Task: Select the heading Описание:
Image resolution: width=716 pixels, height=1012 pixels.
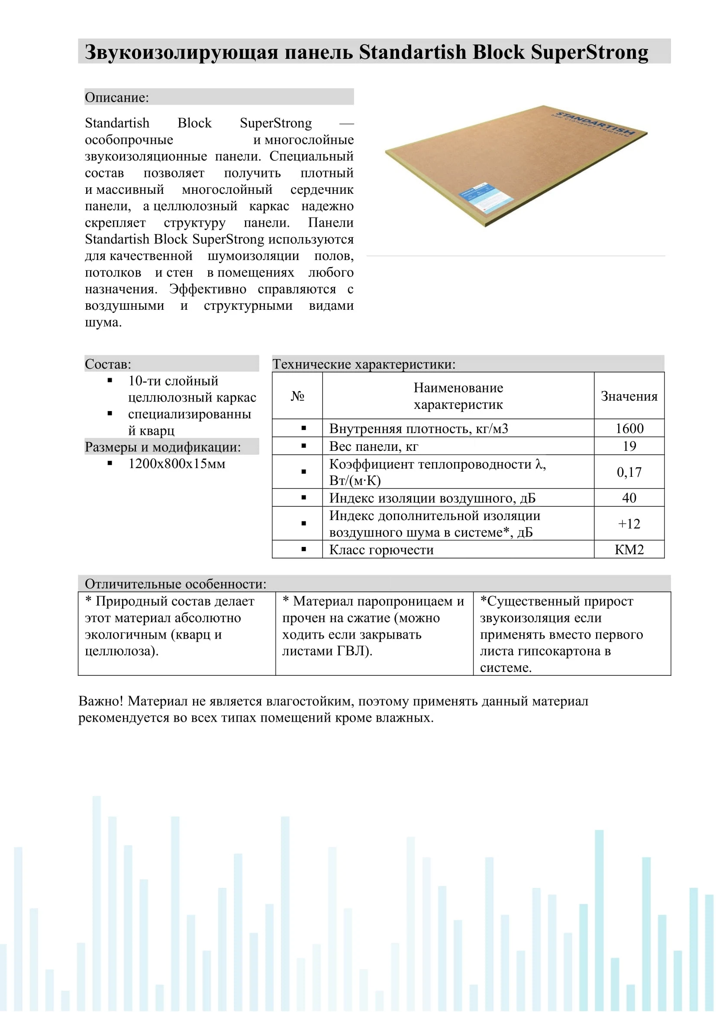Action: [117, 97]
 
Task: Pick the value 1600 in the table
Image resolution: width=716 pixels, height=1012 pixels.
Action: [629, 428]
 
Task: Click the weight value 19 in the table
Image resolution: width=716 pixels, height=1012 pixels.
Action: [629, 446]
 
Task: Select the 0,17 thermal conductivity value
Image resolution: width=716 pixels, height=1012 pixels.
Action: [629, 472]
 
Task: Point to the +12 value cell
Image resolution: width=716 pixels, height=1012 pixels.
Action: [629, 524]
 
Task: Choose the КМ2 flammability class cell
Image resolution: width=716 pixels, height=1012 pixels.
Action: [629, 549]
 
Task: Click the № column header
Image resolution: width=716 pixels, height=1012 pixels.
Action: [297, 396]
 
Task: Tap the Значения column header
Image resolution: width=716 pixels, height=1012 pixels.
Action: [629, 396]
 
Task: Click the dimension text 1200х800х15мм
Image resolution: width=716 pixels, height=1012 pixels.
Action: [177, 464]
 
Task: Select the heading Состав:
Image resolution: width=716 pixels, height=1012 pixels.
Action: [108, 364]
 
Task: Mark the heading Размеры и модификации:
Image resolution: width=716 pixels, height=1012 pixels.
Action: [163, 447]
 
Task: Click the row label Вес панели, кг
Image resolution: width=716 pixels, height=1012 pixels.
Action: [374, 447]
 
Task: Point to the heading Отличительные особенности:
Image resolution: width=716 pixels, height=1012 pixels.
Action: [175, 584]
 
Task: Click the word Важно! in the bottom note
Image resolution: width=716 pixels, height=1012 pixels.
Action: [101, 701]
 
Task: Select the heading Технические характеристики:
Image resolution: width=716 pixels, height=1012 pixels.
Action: [364, 364]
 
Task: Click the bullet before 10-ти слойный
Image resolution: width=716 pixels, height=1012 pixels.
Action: [110, 380]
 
